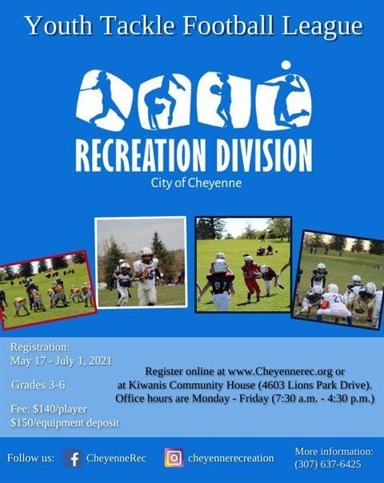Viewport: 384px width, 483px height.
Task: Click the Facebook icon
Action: coord(73,458)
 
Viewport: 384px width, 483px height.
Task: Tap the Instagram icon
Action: coord(174,457)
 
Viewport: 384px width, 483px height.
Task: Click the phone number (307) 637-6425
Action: coord(328,465)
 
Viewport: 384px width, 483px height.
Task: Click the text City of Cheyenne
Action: coord(196,183)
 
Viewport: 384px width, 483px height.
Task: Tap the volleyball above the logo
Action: coord(286,66)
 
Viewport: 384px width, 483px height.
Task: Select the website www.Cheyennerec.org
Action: coord(281,372)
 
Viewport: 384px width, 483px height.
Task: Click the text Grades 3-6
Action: coord(38,385)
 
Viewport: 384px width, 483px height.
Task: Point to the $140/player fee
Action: coord(60,409)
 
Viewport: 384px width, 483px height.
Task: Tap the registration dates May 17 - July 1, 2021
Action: coord(61,361)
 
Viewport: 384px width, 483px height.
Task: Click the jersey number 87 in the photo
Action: coord(220,285)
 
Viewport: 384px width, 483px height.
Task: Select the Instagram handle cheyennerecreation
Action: coord(231,458)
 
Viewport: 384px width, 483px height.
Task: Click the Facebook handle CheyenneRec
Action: coord(116,458)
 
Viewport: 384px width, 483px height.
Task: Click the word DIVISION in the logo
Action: coord(264,156)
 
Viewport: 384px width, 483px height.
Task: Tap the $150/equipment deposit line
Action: coord(65,422)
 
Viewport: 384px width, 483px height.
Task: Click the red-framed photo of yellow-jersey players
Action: coord(47,290)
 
